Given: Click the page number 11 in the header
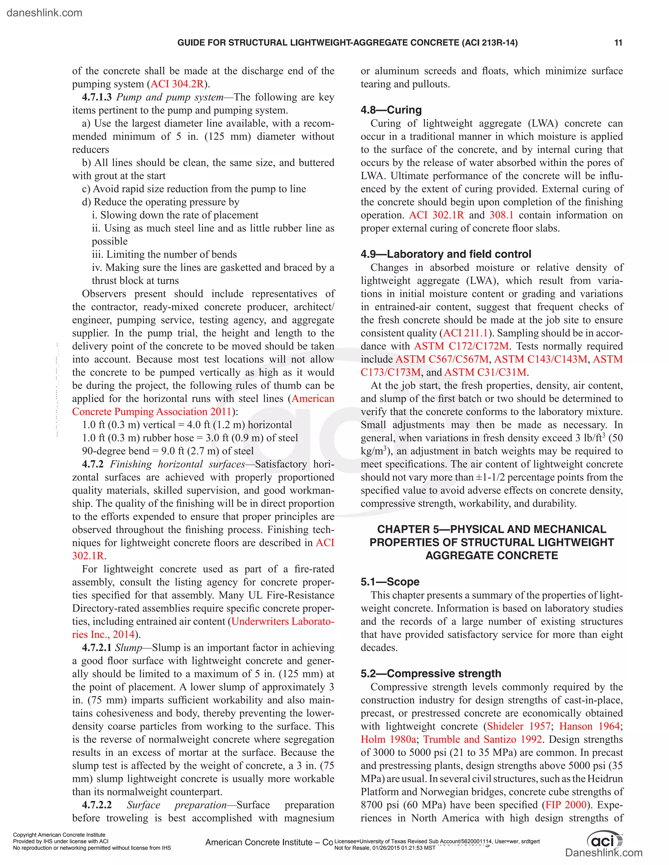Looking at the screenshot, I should pyautogui.click(x=618, y=43).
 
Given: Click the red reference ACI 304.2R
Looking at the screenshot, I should pyautogui.click(x=177, y=84).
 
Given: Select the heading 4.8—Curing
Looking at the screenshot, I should pyautogui.click(x=391, y=110).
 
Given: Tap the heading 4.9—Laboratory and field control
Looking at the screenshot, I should pyautogui.click(x=446, y=254).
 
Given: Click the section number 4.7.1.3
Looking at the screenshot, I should pyautogui.click(x=97, y=97).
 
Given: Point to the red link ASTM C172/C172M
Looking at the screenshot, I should pyautogui.click(x=461, y=346).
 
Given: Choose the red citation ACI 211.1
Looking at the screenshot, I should pyautogui.click(x=465, y=333).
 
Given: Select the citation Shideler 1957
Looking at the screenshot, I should pyautogui.click(x=518, y=726).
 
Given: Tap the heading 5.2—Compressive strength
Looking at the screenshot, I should pyautogui.click(x=431, y=673).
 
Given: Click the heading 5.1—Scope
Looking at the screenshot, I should pyautogui.click(x=390, y=581).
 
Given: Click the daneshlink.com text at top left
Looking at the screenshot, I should pyautogui.click(x=44, y=13).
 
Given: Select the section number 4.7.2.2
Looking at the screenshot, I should pyautogui.click(x=97, y=805).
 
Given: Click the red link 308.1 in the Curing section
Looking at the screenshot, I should pyautogui.click(x=501, y=215).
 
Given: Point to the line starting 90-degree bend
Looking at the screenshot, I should pyautogui.click(x=168, y=451).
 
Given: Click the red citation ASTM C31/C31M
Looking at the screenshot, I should pyautogui.click(x=485, y=372).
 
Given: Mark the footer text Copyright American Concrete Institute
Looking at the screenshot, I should pyautogui.click(x=59, y=835).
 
